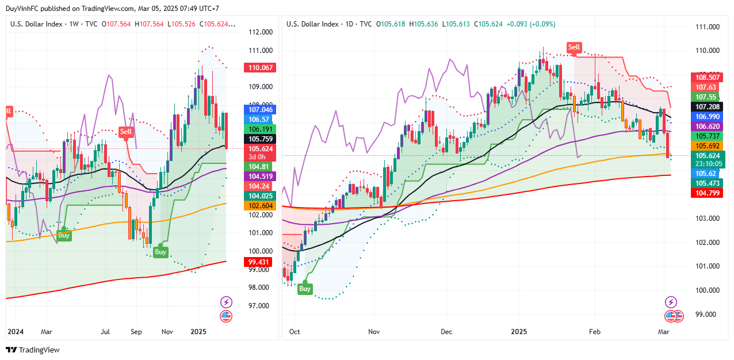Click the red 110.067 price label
click(261, 68)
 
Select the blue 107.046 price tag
click(261, 109)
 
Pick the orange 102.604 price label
click(261, 205)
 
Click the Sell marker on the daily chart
click(574, 47)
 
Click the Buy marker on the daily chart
click(305, 289)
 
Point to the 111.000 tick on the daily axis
click(707, 26)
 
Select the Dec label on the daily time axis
click(446, 332)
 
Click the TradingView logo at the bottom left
click(33, 350)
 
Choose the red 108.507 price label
click(707, 77)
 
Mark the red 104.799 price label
click(707, 193)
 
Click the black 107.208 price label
click(707, 107)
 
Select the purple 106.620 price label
click(707, 127)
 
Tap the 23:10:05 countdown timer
click(707, 163)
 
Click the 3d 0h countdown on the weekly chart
click(257, 157)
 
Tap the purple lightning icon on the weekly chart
click(226, 302)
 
